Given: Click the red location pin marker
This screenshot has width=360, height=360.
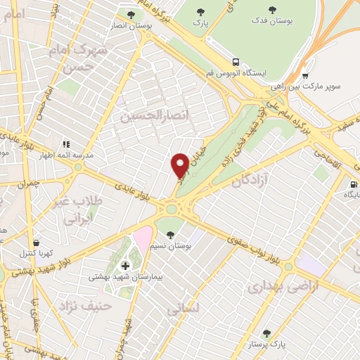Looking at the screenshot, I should pyautogui.click(x=180, y=165).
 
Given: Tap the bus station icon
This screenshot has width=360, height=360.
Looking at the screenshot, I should pyautogui.click(x=236, y=62).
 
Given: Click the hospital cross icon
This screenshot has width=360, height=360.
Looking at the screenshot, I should pyautogui.click(x=126, y=266).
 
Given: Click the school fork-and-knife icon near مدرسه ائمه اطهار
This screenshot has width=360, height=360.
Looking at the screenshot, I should pyautogui.click(x=66, y=143).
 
